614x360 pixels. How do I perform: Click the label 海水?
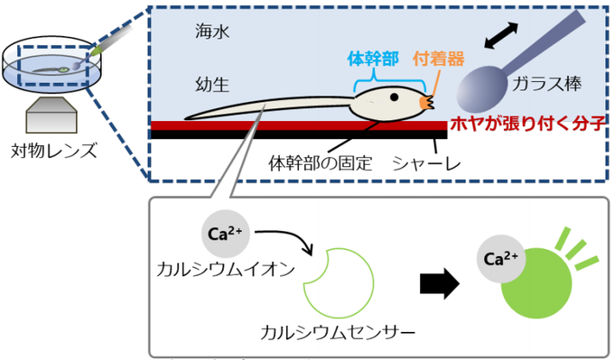213,32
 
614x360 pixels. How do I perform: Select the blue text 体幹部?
372,58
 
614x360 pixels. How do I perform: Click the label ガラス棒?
544,84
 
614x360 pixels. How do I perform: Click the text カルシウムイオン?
210,268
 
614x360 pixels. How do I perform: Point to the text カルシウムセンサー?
337,331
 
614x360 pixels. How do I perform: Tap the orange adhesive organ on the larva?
429,103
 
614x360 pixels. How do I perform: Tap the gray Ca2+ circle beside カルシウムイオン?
222,234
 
